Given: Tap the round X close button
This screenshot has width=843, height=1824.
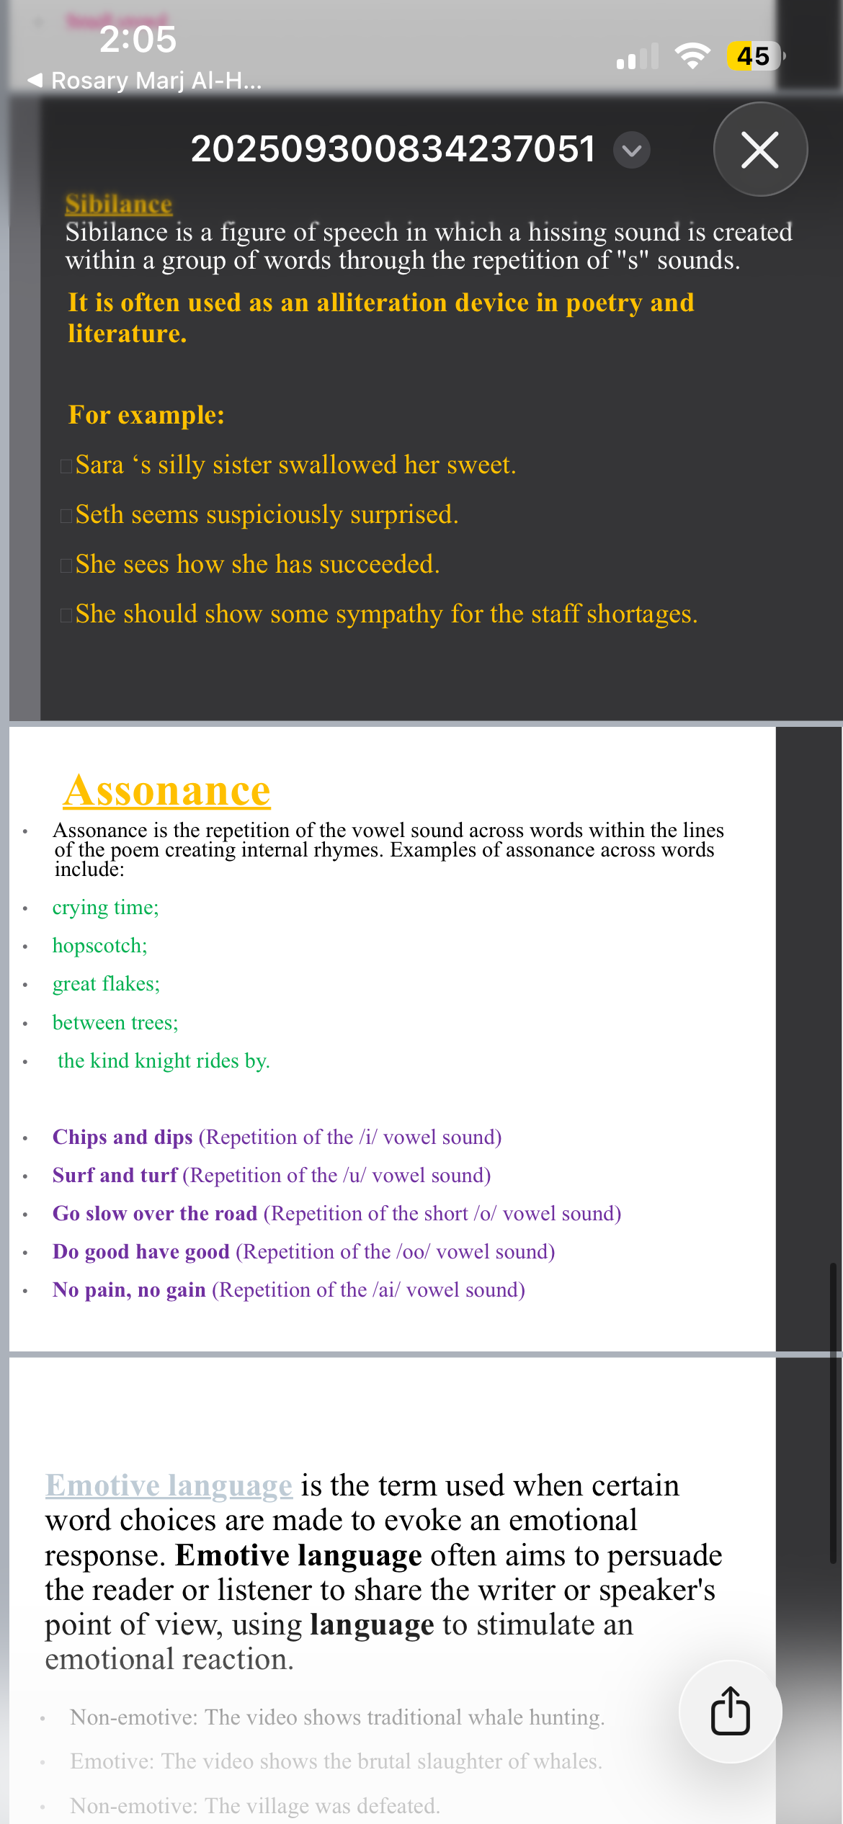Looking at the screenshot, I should click(760, 149).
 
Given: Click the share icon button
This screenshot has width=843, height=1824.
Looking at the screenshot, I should click(730, 1711).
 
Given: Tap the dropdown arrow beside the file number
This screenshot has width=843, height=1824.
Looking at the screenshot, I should click(632, 150).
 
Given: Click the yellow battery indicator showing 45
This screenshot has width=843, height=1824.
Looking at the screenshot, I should click(754, 56).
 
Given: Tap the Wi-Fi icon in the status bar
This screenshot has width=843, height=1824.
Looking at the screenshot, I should click(692, 55).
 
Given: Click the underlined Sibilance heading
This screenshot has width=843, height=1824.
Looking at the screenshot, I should click(119, 205).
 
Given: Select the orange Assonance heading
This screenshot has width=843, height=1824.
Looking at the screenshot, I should click(167, 791).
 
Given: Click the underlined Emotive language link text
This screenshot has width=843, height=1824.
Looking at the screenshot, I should click(169, 1485).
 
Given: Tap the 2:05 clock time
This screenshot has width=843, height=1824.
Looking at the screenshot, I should click(138, 39).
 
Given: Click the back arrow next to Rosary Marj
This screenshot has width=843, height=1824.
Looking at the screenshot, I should click(35, 80).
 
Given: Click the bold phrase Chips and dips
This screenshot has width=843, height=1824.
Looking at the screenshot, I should click(122, 1137).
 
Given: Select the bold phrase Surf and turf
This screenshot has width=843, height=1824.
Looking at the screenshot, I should click(115, 1175).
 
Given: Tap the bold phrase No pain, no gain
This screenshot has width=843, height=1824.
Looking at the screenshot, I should click(129, 1289).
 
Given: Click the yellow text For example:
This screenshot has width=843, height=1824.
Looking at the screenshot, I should click(146, 415).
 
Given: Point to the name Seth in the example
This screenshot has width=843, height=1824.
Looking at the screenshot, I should click(99, 514).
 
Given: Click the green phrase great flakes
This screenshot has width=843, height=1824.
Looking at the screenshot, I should click(105, 983).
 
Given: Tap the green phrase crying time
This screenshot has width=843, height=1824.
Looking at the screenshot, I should click(104, 907).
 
